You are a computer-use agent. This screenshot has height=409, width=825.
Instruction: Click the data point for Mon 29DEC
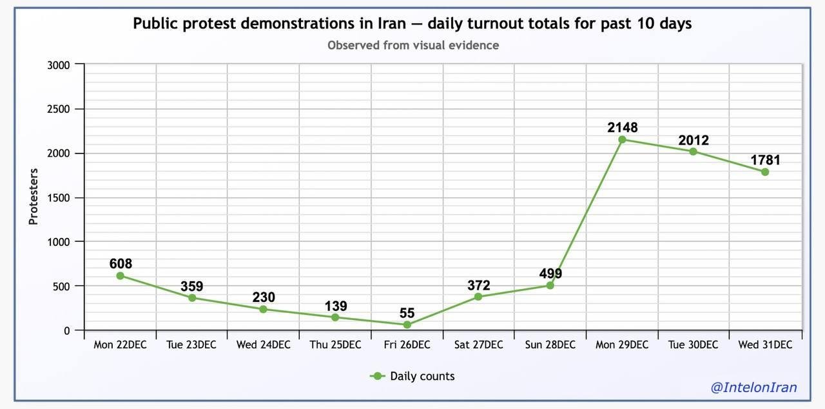click(622, 139)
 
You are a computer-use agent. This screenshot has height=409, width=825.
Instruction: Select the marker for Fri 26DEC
click(407, 324)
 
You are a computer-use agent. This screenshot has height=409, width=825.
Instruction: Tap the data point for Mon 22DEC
click(120, 275)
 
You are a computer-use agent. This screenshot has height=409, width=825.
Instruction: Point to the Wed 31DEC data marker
click(765, 172)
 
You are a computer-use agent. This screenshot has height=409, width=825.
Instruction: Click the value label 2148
click(622, 127)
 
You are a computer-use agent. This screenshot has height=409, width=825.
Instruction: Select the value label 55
click(407, 313)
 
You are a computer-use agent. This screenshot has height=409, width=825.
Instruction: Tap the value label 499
click(550, 274)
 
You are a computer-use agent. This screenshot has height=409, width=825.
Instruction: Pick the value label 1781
click(765, 159)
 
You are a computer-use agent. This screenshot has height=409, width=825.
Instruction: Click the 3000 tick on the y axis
click(59, 65)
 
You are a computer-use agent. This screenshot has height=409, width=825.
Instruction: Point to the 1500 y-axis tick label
click(59, 197)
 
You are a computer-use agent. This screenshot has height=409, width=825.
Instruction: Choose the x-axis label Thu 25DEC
click(335, 344)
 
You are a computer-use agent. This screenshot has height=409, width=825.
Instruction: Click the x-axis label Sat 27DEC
click(478, 344)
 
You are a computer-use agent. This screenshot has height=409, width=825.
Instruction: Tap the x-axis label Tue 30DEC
click(694, 344)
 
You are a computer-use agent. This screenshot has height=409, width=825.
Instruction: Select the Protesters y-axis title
click(34, 196)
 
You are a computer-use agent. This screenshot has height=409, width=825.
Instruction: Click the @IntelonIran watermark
click(753, 387)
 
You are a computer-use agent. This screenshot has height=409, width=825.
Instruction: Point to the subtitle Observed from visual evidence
click(412, 45)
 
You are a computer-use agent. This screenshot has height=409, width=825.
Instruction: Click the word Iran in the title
click(392, 23)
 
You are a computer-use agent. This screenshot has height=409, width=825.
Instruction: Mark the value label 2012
click(694, 140)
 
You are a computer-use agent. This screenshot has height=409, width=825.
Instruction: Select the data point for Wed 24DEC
click(264, 309)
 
